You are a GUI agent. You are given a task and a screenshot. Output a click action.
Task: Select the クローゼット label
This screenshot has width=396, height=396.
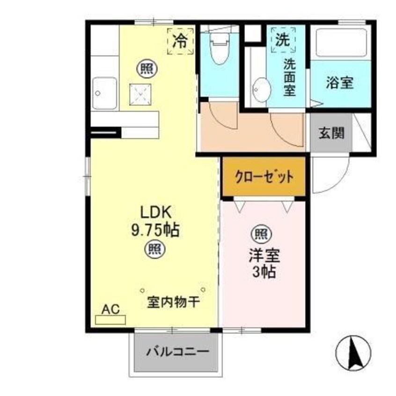[264, 177]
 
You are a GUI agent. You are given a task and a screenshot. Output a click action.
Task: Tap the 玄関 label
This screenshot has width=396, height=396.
[332, 133]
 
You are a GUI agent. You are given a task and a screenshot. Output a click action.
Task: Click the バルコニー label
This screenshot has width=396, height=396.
[176, 351]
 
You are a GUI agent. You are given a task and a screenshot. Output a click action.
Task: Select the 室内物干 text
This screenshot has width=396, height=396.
[174, 302]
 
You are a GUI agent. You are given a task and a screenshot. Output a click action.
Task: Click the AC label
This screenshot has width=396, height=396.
[110, 309]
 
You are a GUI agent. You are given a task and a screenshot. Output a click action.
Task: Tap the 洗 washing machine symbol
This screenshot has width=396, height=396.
[282, 39]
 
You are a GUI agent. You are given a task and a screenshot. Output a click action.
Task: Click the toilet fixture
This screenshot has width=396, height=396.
[219, 49]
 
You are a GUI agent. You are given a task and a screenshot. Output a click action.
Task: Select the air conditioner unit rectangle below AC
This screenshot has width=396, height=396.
[110, 320]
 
